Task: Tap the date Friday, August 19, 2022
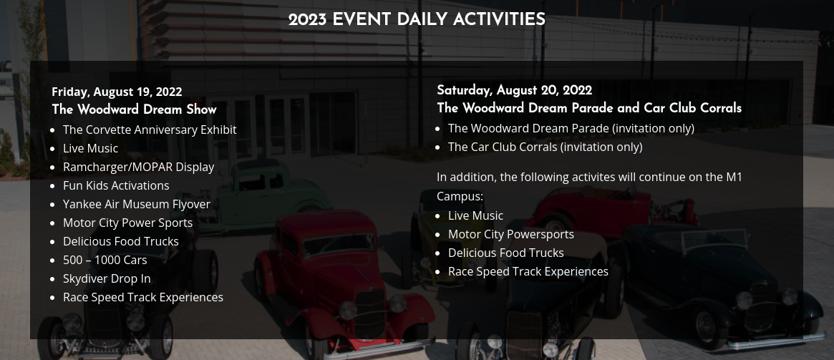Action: click(117, 92)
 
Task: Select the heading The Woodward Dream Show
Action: click(134, 110)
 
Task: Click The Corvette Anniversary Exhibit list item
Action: click(150, 130)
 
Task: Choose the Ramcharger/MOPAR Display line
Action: click(138, 167)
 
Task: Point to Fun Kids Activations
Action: click(116, 185)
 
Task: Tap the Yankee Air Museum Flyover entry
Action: click(137, 204)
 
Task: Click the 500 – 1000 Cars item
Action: click(105, 260)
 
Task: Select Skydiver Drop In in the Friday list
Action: click(107, 278)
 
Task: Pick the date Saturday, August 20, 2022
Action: click(514, 90)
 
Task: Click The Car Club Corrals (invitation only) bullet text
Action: click(546, 147)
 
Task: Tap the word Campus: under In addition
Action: click(460, 197)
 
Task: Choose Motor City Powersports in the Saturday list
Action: click(510, 235)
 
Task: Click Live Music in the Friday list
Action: click(90, 148)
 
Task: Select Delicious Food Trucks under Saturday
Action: click(506, 253)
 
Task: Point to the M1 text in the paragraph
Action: click(734, 177)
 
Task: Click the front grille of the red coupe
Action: click(369, 313)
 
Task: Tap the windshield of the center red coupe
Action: click(339, 245)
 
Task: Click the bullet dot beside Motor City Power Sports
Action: click(52, 223)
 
